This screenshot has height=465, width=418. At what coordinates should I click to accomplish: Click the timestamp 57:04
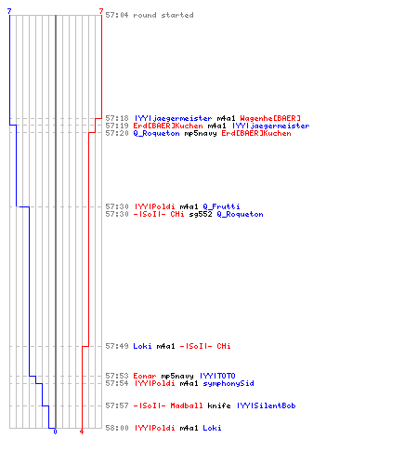coord(117,15)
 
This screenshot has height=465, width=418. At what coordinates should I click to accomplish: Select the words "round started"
coord(163,15)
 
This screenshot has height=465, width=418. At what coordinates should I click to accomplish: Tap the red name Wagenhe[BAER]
coord(270,118)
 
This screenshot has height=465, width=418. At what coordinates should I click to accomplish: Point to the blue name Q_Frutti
coord(221,206)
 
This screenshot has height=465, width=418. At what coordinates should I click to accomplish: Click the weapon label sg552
coord(201,214)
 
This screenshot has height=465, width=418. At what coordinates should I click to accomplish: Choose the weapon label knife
coord(219,405)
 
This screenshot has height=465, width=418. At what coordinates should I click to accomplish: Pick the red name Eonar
coord(145,376)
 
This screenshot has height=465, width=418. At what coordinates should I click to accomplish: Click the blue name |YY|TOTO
coord(217,376)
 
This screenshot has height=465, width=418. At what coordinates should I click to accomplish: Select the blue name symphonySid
coord(229,383)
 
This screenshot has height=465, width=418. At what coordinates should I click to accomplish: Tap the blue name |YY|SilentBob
coord(267,405)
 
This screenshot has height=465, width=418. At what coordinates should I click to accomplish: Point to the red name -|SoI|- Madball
coord(168,405)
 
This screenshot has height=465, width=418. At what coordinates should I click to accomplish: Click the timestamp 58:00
coord(117,428)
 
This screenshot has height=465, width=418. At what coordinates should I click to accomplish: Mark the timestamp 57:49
coord(117,346)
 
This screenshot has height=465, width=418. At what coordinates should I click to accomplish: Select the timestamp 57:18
coord(117,118)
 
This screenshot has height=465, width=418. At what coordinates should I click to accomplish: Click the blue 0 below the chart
coord(55,432)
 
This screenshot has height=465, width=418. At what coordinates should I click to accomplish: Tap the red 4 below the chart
coord(82,432)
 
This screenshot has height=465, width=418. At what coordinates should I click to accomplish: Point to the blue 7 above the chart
coord(9,11)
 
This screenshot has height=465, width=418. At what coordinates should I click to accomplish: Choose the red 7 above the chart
coord(101,11)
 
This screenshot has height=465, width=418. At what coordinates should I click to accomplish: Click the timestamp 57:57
coord(117,405)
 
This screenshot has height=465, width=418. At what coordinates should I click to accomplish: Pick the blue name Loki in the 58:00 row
coord(212,428)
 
